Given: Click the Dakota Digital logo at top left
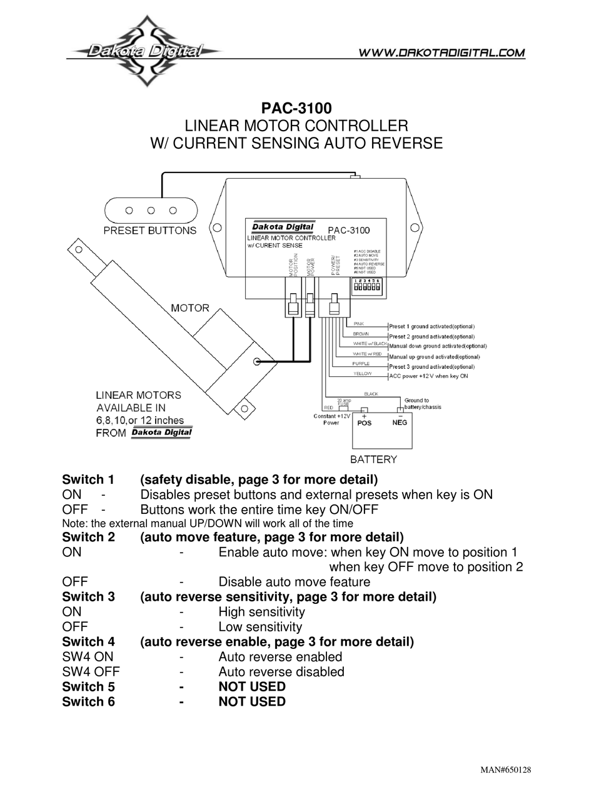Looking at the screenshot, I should [x=144, y=51].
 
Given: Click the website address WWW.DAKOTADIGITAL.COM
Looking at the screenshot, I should [x=441, y=53].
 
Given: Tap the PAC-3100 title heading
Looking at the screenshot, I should [x=296, y=109].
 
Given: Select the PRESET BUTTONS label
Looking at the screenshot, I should [x=149, y=230].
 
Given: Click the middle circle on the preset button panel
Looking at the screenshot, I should [x=151, y=211].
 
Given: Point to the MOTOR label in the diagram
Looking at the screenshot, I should [x=190, y=308].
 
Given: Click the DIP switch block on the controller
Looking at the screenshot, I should [x=368, y=289].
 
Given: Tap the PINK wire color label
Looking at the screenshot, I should [x=359, y=324].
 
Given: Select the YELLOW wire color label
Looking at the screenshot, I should [x=362, y=373].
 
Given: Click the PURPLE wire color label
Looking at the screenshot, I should [x=361, y=363].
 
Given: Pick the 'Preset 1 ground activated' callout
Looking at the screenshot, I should [x=431, y=326].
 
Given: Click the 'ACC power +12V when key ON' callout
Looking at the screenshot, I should [x=428, y=376].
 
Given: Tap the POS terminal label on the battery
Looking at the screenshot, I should [x=364, y=423].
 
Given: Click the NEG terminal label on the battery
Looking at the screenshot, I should [x=400, y=423].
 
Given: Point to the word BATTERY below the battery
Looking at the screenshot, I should [x=373, y=459].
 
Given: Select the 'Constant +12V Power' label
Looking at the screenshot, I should [x=331, y=419].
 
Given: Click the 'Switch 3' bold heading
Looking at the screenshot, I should [x=88, y=596].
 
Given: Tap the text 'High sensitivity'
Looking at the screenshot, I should [x=261, y=611].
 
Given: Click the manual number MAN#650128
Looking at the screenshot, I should [x=510, y=769].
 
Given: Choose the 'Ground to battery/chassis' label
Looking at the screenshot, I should [x=423, y=403].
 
